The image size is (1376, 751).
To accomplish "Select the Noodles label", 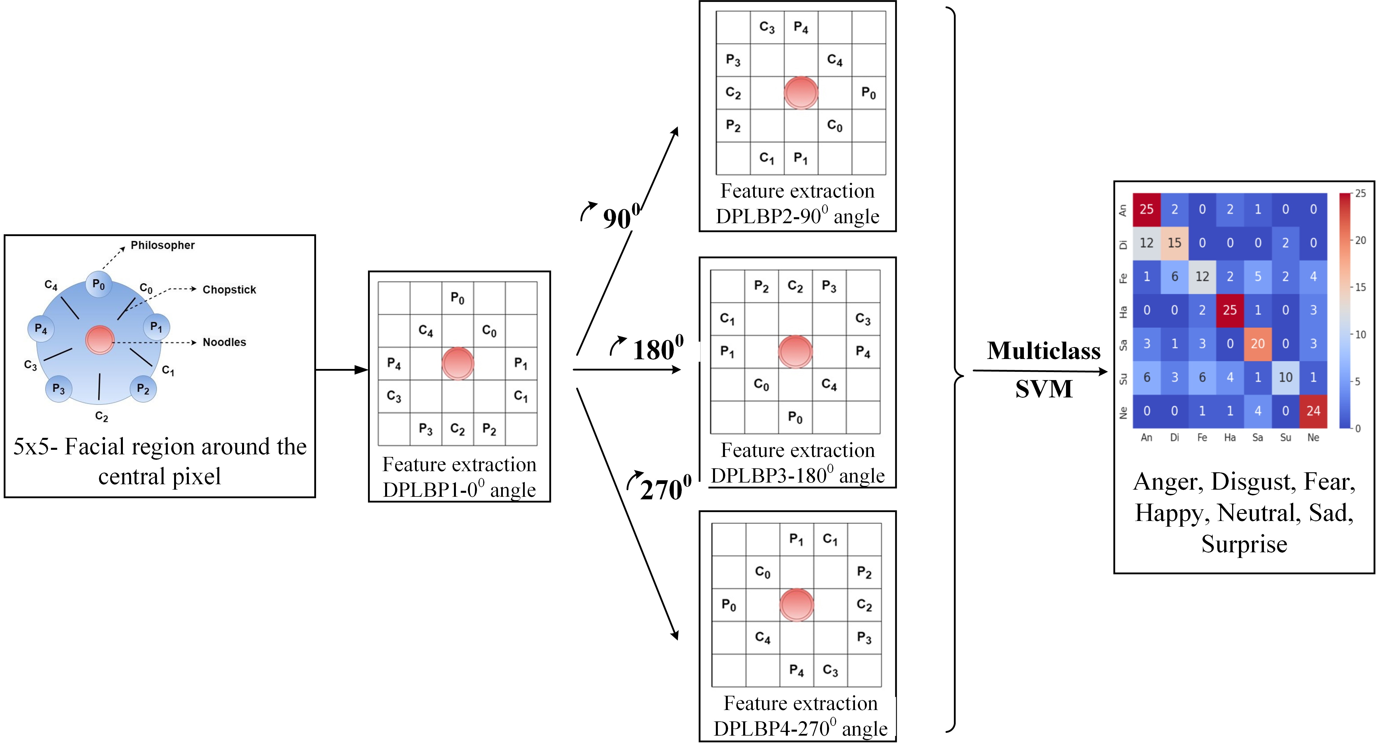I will click(224, 342).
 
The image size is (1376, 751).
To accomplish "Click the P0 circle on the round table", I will click(99, 284).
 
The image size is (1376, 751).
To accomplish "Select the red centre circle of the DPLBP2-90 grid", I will click(801, 93).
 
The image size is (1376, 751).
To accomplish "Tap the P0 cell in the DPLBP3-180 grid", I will click(795, 417).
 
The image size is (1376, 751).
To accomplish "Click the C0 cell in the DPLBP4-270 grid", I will click(763, 573).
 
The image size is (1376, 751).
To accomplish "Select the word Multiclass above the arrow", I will click(1043, 351).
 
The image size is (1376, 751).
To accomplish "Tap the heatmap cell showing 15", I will click(1174, 243).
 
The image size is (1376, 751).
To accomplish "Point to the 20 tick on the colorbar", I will click(1360, 240).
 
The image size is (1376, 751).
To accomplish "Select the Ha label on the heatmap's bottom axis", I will click(1230, 437).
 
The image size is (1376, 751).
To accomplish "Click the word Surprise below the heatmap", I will click(1244, 544).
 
